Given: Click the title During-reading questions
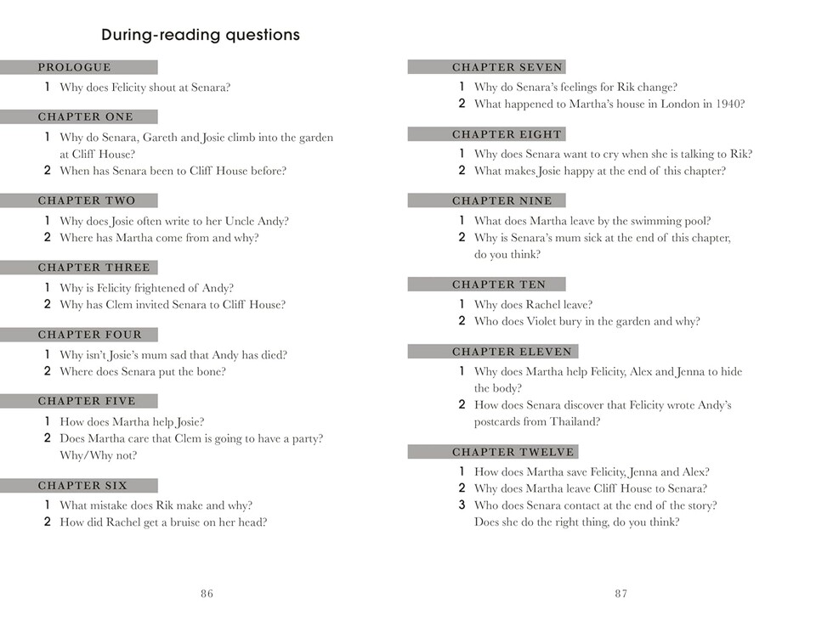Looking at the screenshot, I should click(201, 36).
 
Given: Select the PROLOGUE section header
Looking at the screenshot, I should click(75, 67).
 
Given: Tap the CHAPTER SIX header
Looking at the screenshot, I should click(83, 486).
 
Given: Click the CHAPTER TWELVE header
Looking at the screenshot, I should click(513, 452).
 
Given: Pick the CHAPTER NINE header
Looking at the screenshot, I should click(502, 200).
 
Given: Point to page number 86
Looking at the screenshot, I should click(207, 594).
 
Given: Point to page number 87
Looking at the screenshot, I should click(621, 594).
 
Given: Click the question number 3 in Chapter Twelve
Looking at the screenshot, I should click(462, 505).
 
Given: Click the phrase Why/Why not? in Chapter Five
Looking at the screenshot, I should click(98, 455).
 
